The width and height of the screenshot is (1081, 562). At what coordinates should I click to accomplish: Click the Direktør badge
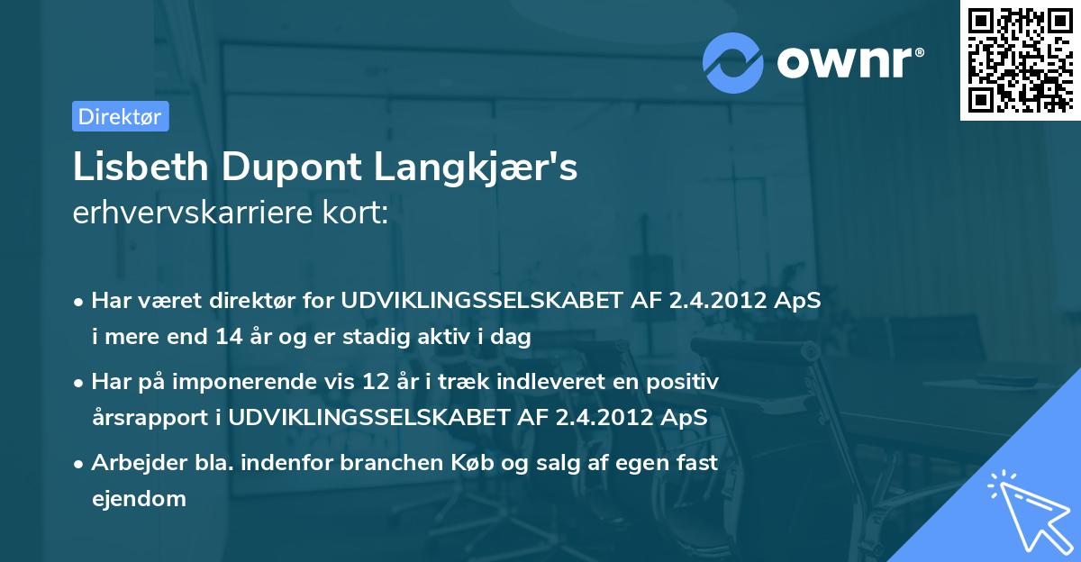tap(120, 116)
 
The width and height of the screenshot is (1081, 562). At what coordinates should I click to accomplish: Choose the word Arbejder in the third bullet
tap(132, 463)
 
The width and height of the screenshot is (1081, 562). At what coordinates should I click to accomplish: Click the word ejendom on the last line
tap(139, 498)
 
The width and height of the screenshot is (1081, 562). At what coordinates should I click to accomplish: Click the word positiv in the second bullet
tap(686, 382)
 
